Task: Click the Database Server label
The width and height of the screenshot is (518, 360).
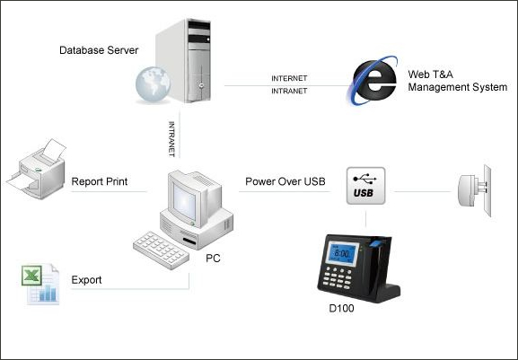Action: click(99, 50)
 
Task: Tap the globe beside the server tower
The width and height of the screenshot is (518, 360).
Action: click(153, 83)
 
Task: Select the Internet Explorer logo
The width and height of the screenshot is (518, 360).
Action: click(372, 80)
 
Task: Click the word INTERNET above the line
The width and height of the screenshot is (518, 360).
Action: click(289, 78)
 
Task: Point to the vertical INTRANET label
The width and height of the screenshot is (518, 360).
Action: click(171, 139)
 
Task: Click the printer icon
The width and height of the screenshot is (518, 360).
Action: click(36, 169)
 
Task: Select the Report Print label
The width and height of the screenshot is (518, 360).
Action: click(100, 181)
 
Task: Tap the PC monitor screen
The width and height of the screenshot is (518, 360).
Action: click(184, 200)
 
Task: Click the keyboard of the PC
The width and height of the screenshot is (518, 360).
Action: click(162, 250)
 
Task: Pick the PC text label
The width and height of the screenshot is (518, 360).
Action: click(213, 258)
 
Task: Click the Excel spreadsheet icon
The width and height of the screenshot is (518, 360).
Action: click(40, 284)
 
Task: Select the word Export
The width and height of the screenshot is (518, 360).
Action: click(86, 280)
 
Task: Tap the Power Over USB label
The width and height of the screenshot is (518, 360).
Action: click(285, 181)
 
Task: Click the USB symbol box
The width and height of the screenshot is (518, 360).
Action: click(365, 186)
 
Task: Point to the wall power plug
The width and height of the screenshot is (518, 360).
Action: click(474, 190)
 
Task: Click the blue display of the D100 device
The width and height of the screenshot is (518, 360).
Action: click(341, 253)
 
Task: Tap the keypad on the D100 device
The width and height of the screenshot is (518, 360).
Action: click(338, 278)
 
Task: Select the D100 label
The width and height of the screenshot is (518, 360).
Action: click(341, 308)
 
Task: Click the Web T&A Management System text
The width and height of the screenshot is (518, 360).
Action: click(458, 81)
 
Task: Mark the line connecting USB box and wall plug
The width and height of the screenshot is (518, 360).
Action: click(423, 191)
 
